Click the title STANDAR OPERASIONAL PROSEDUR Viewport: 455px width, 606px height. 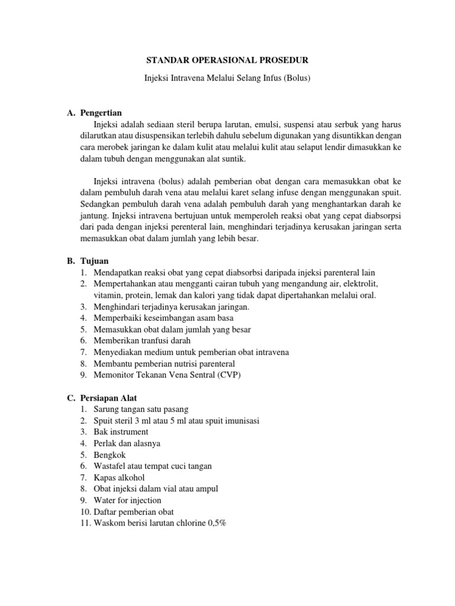click(227, 60)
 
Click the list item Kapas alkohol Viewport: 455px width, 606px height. click(119, 478)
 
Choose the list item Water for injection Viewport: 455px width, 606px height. click(127, 500)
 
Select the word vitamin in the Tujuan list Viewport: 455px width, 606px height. click(107, 295)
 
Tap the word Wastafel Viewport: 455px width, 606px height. click(111, 466)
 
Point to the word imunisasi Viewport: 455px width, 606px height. click(239, 421)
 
